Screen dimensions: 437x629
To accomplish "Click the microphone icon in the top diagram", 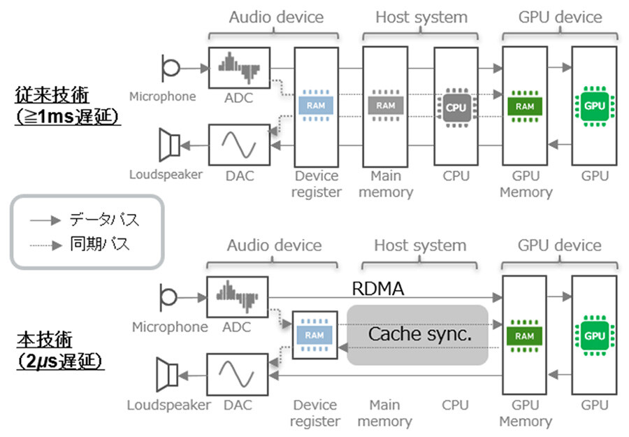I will pyautogui.click(x=170, y=68).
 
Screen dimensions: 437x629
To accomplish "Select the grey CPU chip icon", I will pyautogui.click(x=455, y=107).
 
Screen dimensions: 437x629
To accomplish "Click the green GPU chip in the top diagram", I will pyautogui.click(x=593, y=106).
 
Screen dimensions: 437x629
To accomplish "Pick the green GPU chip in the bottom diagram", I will pyautogui.click(x=593, y=335).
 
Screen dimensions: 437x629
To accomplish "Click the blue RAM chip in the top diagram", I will pyautogui.click(x=316, y=106).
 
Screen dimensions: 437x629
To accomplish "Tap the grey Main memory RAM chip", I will pyautogui.click(x=385, y=106).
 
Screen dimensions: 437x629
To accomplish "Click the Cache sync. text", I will pyautogui.click(x=420, y=334).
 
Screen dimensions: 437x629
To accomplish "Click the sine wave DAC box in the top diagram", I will pyautogui.click(x=238, y=145).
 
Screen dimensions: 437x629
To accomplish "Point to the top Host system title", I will pyautogui.click(x=421, y=17).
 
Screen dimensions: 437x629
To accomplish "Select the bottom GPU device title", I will pyautogui.click(x=559, y=245).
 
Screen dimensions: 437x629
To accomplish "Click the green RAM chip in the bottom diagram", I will pyautogui.click(x=524, y=335).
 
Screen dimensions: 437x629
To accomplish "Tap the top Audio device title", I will pyautogui.click(x=275, y=17).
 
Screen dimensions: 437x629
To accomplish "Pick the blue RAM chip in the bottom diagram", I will pyautogui.click(x=314, y=335).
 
